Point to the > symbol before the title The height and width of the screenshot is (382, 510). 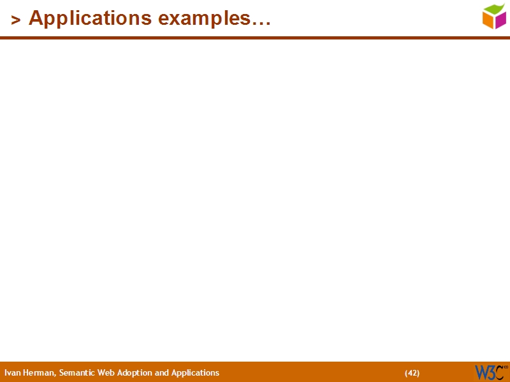tap(16, 20)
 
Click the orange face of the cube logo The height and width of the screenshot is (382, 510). tap(488, 21)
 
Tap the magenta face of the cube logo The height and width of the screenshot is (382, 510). tap(500, 20)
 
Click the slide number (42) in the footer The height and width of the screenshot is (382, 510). tap(412, 373)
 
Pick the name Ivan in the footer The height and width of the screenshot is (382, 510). tap(11, 373)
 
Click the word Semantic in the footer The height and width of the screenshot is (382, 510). tap(76, 373)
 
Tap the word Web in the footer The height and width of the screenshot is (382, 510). tap(106, 373)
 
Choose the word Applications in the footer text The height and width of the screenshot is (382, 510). tap(195, 373)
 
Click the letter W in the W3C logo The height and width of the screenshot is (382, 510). tap(481, 372)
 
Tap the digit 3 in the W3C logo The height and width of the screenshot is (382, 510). tap(492, 372)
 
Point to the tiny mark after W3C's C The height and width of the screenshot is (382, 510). tap(506, 368)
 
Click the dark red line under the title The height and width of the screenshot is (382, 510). tap(255, 38)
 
